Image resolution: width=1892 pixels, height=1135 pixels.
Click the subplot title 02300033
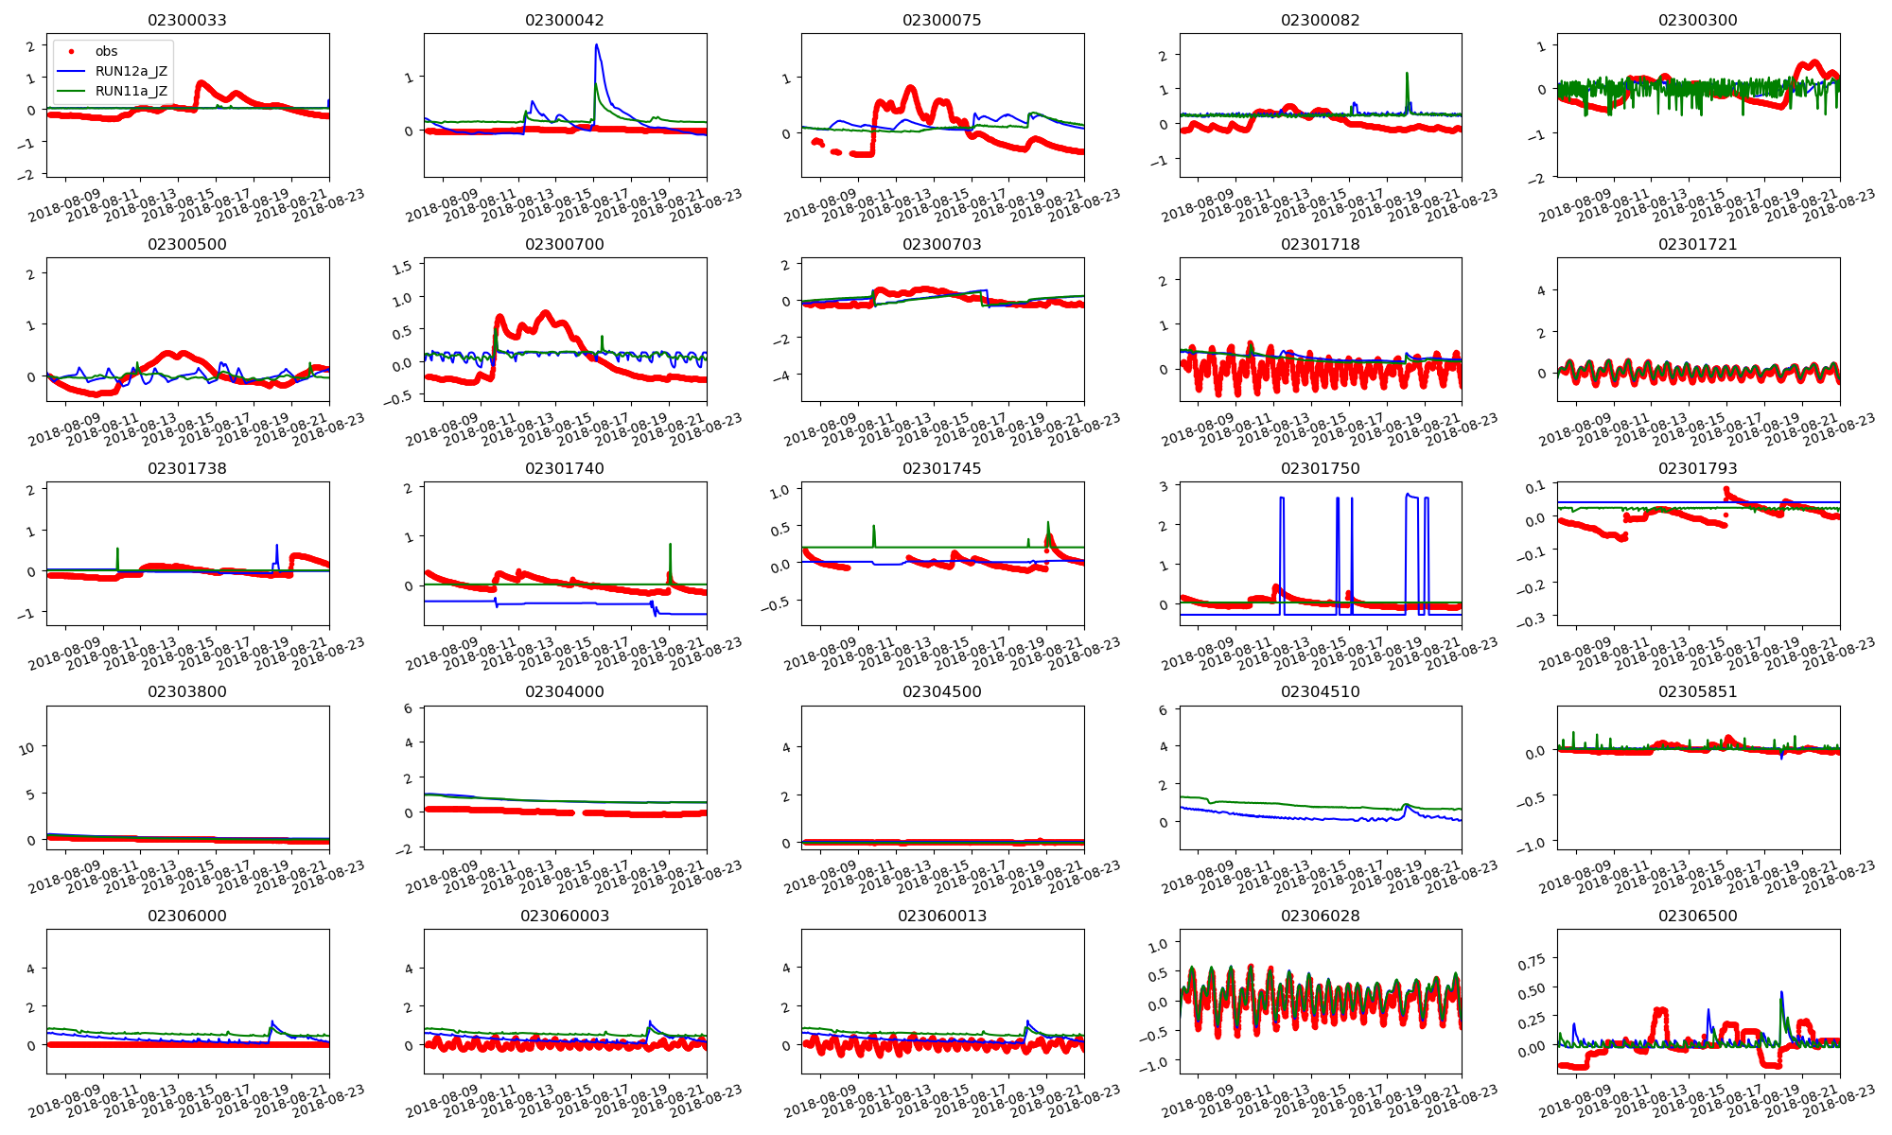(187, 20)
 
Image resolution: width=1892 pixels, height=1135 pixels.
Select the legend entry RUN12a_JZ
(131, 71)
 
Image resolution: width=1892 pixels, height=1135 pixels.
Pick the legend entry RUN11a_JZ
(131, 91)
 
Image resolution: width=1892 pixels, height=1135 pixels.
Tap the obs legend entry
(106, 51)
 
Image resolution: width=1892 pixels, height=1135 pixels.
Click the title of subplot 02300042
(565, 20)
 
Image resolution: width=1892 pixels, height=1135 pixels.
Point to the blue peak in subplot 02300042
(596, 44)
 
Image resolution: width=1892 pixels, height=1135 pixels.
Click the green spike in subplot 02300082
(1407, 74)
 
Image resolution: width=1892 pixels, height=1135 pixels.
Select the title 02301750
(1320, 468)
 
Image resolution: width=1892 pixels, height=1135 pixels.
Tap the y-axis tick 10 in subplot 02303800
(26, 748)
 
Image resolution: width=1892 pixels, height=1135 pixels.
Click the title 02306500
(1697, 916)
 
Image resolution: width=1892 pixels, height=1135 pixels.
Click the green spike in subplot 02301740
(670, 545)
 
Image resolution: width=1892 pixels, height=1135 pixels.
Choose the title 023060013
(942, 916)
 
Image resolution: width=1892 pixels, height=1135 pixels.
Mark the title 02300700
(565, 244)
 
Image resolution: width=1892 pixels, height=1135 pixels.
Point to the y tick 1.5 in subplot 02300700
(402, 268)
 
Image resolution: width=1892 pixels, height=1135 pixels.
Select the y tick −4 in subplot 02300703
(783, 375)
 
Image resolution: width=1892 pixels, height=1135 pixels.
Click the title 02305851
(1697, 691)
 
